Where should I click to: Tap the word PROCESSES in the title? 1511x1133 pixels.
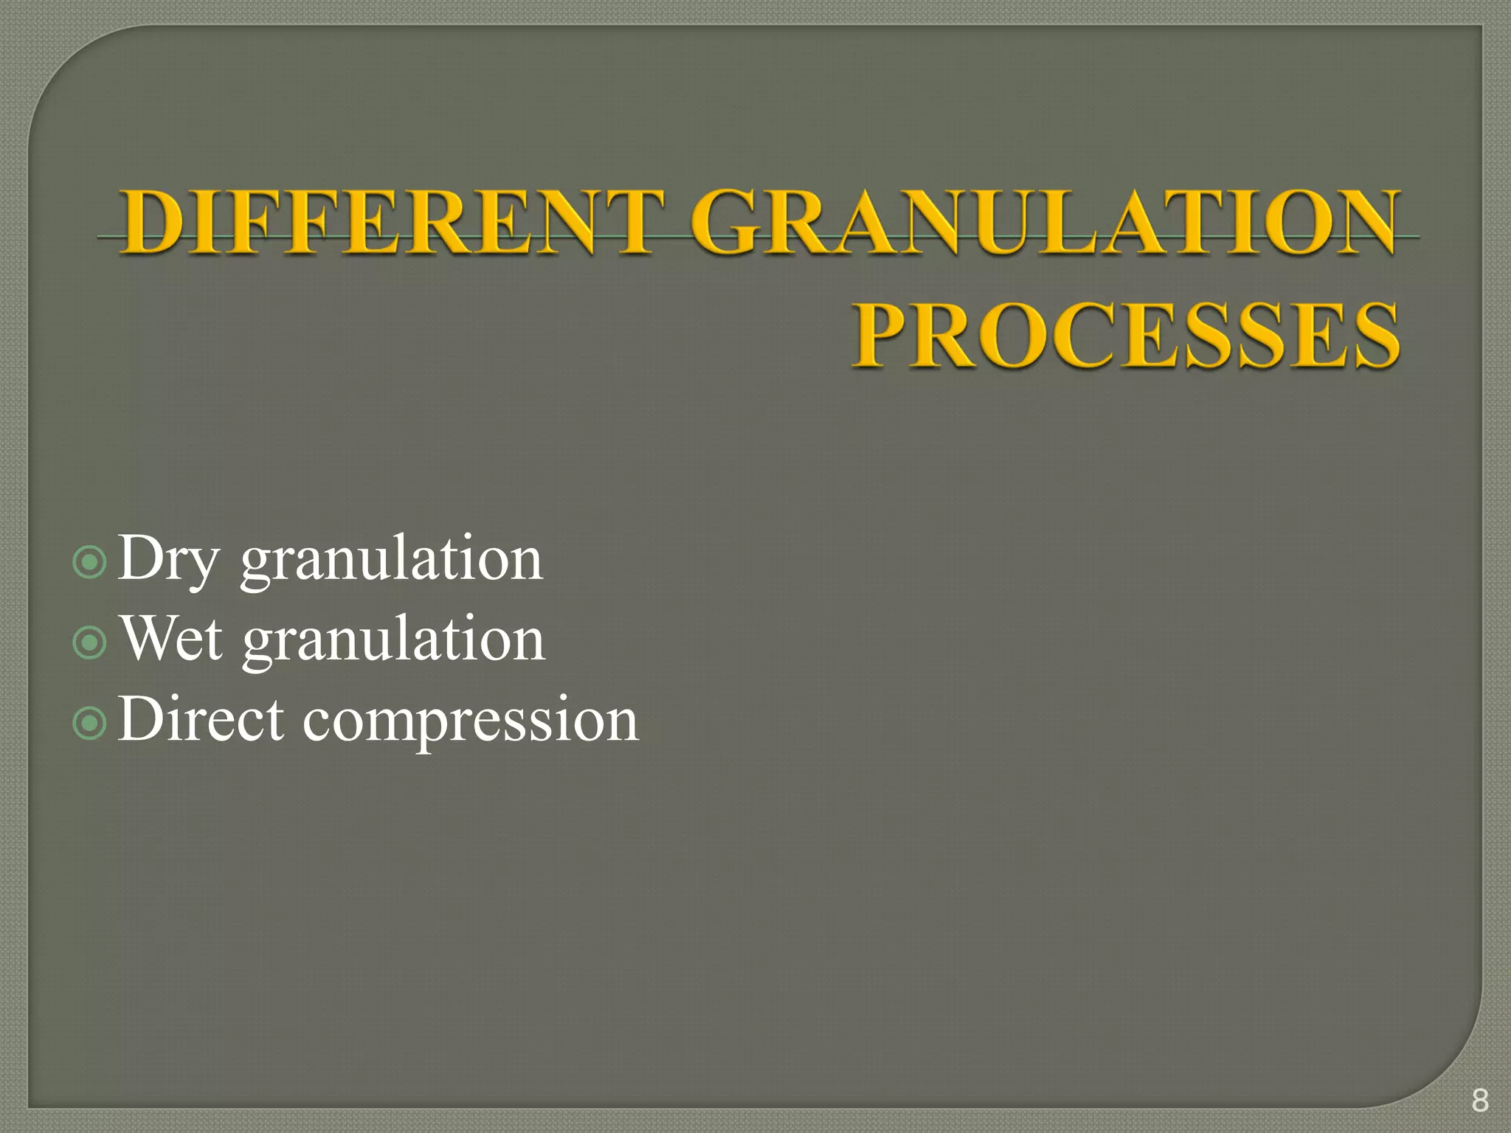(x=1126, y=336)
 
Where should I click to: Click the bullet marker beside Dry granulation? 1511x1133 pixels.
(x=90, y=563)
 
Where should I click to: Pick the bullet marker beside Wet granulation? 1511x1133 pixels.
(x=90, y=642)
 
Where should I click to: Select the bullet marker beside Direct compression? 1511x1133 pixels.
(x=90, y=724)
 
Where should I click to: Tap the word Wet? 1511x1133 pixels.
(x=171, y=639)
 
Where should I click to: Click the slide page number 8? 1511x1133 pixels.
(x=1479, y=1100)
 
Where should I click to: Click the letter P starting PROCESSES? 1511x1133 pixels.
(x=885, y=336)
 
